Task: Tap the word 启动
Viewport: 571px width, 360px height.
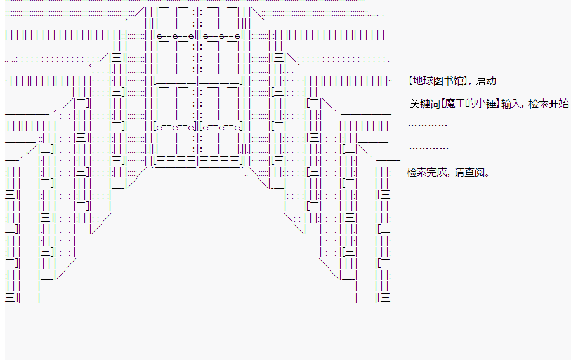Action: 486,81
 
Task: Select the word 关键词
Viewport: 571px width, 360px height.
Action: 425,104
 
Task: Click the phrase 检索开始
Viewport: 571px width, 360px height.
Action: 548,104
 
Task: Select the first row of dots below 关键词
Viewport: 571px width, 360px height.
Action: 428,126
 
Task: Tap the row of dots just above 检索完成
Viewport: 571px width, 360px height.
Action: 429,149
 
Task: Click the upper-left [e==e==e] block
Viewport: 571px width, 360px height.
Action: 175,36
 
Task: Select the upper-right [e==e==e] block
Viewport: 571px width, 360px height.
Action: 221,36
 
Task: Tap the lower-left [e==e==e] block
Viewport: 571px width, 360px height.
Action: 175,126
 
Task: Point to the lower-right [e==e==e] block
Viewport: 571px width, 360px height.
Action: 221,126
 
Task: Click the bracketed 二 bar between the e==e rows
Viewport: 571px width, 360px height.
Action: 198,80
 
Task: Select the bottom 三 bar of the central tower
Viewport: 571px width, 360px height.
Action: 198,160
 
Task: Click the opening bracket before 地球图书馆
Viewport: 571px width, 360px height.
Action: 410,81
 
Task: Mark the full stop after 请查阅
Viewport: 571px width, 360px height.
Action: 487,175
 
